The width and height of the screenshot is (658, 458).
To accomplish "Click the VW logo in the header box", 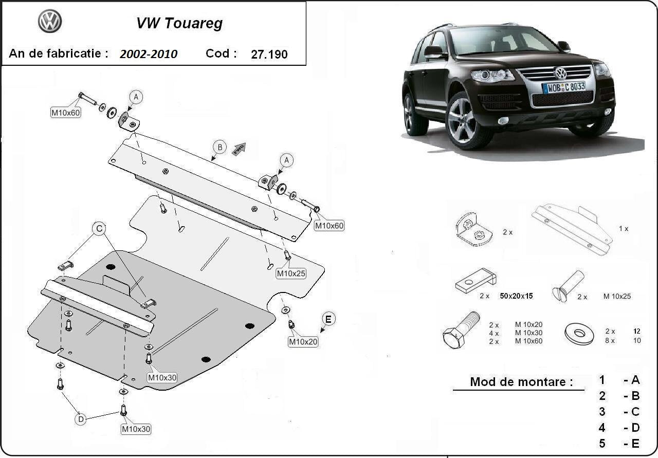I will tap(50, 22).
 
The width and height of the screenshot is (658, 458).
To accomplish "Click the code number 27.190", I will tap(269, 54).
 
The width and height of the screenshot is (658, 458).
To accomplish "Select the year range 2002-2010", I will tap(149, 54).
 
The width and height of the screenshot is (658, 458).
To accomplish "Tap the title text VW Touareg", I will tap(179, 23).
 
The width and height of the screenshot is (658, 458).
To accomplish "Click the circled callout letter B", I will tap(220, 148).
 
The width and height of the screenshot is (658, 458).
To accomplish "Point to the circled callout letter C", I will tap(99, 228).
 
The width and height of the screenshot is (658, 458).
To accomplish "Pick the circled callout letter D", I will tap(81, 419).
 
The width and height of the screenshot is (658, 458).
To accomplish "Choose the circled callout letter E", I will tap(328, 319).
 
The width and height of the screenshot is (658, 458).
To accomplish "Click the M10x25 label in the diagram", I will tap(291, 273).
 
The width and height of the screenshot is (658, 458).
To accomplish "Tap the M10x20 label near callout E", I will tap(303, 341).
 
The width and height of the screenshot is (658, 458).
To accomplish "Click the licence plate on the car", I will tap(563, 87).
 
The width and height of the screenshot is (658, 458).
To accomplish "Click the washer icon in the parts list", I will tap(579, 334).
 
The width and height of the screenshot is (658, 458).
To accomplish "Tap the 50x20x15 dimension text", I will tap(516, 296).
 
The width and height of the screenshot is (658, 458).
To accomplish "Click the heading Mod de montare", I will tap(521, 382).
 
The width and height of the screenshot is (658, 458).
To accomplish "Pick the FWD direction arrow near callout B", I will tap(240, 149).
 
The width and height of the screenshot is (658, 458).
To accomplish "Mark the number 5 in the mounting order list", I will tap(602, 443).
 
